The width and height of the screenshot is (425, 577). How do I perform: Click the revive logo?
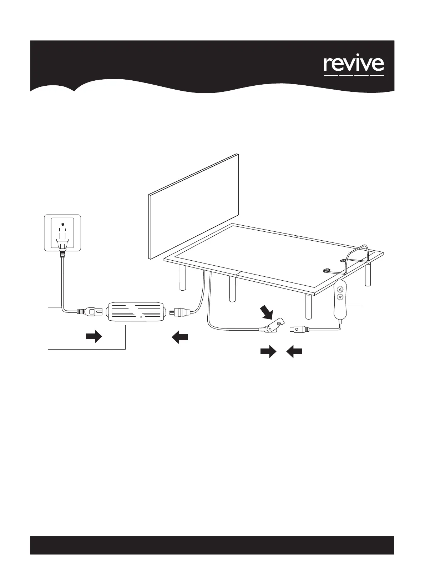point(354,65)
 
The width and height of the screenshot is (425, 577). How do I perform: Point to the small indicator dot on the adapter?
point(141,317)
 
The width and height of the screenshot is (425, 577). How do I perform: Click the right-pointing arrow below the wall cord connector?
point(94,336)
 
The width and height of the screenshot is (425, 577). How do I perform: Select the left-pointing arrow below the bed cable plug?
point(179,337)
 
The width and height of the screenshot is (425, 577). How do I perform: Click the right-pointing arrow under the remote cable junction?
point(268,352)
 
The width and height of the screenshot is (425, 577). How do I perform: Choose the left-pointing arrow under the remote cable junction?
point(295,352)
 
